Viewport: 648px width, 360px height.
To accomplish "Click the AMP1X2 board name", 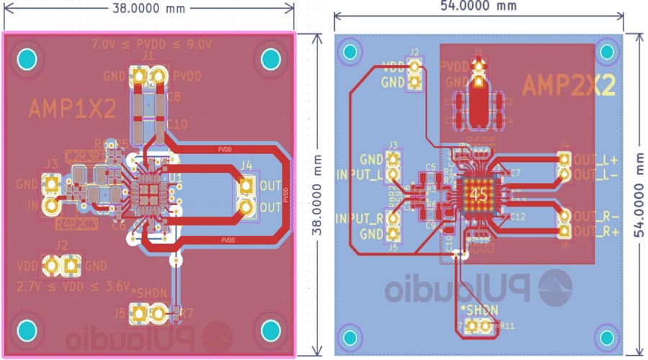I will tap(72, 109).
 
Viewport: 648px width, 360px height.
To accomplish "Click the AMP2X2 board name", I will tap(569, 86).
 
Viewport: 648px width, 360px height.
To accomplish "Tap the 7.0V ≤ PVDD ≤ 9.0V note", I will tap(151, 44).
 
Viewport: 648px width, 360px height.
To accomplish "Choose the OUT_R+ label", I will tap(595, 231).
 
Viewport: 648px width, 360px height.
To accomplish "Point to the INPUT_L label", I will tap(360, 174).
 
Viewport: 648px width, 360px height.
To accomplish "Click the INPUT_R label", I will tap(360, 218).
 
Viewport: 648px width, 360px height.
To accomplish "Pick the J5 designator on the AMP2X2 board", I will tap(392, 247).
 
